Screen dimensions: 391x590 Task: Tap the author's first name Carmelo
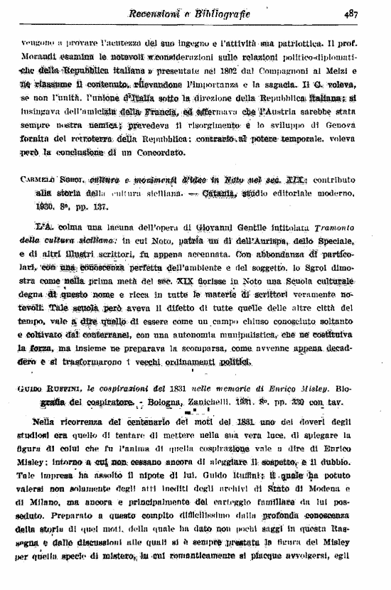tap(36, 181)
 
